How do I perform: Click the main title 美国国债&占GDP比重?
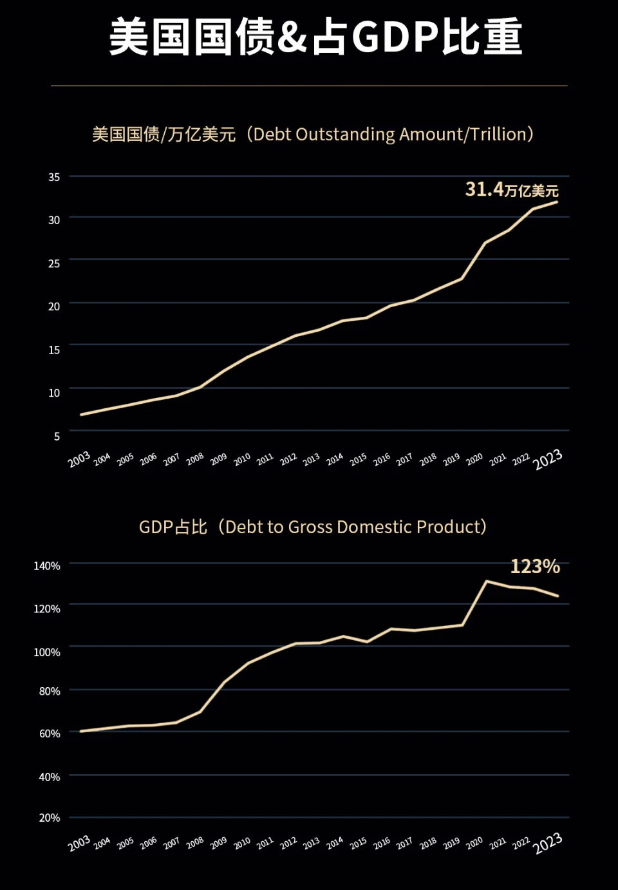[x=315, y=37]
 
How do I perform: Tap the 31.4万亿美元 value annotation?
[x=512, y=189]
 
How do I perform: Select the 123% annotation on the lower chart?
[x=535, y=566]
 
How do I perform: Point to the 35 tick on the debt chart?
[x=54, y=177]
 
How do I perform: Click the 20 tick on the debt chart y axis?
[x=54, y=307]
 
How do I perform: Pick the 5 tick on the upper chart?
[x=57, y=437]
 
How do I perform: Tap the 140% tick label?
[x=47, y=566]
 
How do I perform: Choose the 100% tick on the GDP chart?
[x=47, y=652]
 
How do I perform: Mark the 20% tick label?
[x=50, y=818]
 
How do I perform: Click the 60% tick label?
[x=50, y=734]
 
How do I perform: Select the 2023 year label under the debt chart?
[x=548, y=460]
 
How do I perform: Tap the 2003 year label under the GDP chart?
[x=79, y=843]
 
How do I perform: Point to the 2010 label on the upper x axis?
[x=242, y=459]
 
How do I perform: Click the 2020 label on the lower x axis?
[x=474, y=842]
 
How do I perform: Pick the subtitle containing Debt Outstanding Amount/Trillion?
[x=313, y=135]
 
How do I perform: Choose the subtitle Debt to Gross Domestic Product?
[x=313, y=527]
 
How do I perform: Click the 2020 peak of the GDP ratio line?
[x=486, y=581]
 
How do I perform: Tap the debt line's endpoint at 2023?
[x=557, y=202]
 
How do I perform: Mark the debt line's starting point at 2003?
[x=81, y=415]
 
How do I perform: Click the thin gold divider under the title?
[x=309, y=86]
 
